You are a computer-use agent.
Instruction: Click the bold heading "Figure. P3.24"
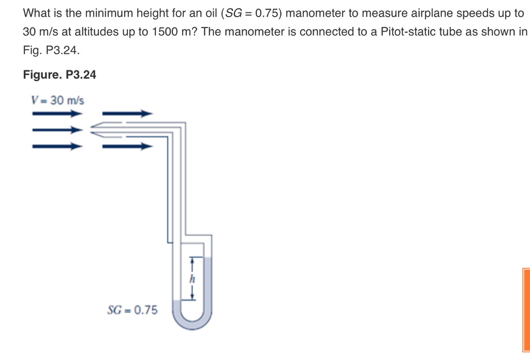pos(60,75)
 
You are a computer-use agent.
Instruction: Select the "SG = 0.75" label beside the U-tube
pos(132,310)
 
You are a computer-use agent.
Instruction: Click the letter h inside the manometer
pos(192,279)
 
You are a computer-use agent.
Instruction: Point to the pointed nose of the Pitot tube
pos(93,129)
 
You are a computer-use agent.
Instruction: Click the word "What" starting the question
pos(36,13)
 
